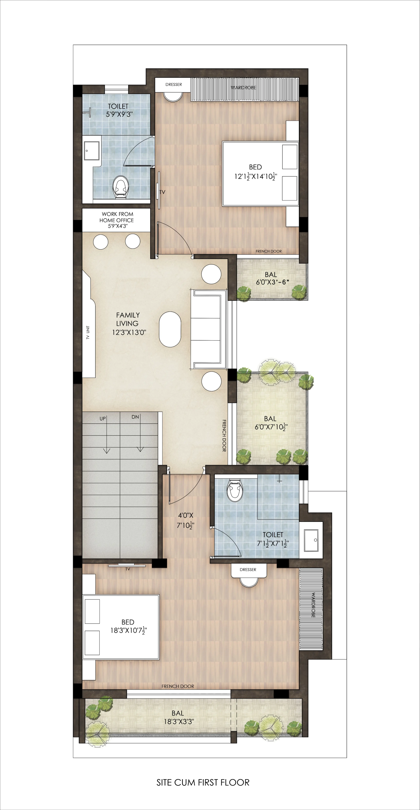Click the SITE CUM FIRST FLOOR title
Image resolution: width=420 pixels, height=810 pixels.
tap(203, 782)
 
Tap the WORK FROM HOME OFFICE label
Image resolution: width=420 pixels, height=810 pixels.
tap(117, 220)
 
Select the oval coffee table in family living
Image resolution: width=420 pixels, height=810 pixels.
tap(170, 329)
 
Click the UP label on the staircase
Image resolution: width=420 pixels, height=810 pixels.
tap(103, 419)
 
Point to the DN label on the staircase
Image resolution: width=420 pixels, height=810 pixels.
tap(135, 417)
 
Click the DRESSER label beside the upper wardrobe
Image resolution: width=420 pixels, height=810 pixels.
tap(174, 84)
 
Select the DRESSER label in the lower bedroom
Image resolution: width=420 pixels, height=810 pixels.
tap(248, 569)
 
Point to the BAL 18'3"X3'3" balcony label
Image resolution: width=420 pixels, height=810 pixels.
tap(178, 717)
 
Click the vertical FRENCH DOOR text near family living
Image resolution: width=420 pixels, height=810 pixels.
tap(224, 436)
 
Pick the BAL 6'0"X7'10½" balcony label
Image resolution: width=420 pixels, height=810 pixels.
tap(271, 423)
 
